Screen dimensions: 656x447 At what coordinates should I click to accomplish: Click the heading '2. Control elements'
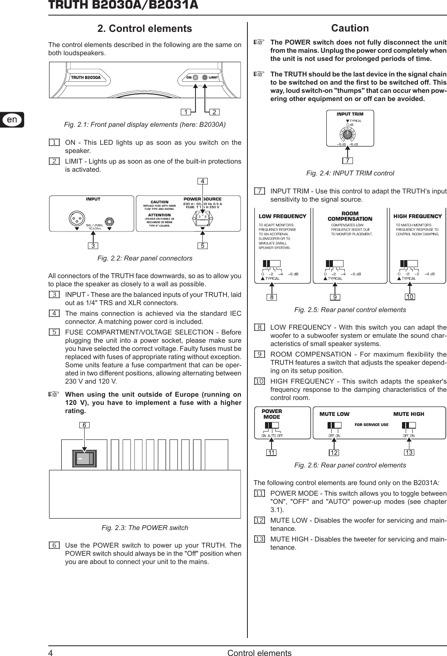(x=144, y=29)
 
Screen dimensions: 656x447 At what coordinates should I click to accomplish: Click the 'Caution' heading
(x=350, y=28)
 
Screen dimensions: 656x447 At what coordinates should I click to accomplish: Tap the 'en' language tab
(x=12, y=119)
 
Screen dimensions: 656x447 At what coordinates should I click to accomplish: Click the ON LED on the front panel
(x=196, y=77)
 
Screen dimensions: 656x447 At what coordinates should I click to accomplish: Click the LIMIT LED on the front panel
(x=205, y=77)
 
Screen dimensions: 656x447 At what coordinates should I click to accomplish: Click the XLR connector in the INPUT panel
(x=76, y=220)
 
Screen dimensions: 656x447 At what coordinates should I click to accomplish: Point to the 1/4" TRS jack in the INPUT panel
(x=110, y=222)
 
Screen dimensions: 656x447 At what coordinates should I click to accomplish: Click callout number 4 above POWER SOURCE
(x=202, y=180)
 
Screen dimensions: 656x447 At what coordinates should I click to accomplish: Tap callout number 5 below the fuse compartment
(x=202, y=246)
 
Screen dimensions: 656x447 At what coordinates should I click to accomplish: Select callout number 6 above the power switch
(x=84, y=425)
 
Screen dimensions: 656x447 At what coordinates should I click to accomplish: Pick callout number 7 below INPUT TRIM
(x=347, y=160)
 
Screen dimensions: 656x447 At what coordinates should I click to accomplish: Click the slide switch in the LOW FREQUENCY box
(x=271, y=263)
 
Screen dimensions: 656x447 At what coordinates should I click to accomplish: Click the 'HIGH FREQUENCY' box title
(x=417, y=216)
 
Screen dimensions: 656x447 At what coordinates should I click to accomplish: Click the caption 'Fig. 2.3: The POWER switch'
(x=145, y=528)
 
